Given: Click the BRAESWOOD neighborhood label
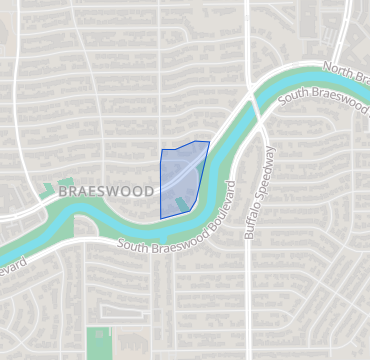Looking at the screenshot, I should pos(106,191).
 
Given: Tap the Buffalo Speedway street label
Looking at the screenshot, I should pos(257,199).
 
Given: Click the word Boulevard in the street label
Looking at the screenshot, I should pos(207,216).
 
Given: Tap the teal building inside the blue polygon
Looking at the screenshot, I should pos(181,205).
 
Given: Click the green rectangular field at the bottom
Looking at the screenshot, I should pos(98,342).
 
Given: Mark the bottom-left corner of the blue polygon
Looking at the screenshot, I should pos(161,217).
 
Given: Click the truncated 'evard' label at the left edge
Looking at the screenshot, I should pos(12,266).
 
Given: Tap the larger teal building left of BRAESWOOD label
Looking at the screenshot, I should pos(48,187).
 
